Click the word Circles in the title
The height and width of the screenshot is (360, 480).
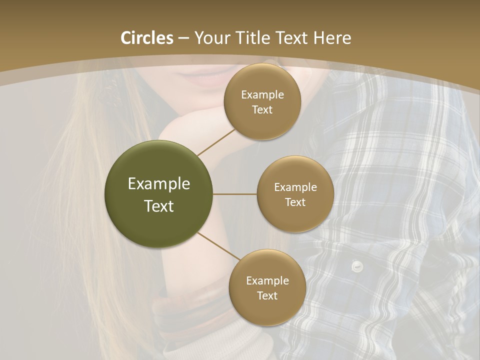pyautogui.click(x=147, y=38)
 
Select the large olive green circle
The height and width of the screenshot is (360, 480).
pyautogui.click(x=158, y=194)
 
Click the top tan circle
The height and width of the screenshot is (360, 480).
pyautogui.click(x=262, y=101)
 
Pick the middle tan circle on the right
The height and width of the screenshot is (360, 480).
pyautogui.click(x=295, y=194)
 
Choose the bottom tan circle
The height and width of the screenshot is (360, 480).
pyautogui.click(x=267, y=287)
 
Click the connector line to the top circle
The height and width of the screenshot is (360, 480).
pyautogui.click(x=216, y=142)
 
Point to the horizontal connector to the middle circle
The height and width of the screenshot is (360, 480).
pyautogui.click(x=234, y=194)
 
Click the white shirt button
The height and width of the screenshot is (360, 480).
pyautogui.click(x=356, y=265)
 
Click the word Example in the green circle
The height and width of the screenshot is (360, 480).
pyautogui.click(x=158, y=184)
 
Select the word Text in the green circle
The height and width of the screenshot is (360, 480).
pyautogui.click(x=158, y=206)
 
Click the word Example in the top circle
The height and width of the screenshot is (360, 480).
pyautogui.click(x=262, y=95)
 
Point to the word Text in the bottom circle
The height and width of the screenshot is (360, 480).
pyautogui.click(x=267, y=295)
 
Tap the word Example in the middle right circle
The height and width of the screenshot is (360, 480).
pyautogui.click(x=295, y=187)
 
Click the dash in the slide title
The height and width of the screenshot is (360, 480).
pyautogui.click(x=183, y=38)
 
